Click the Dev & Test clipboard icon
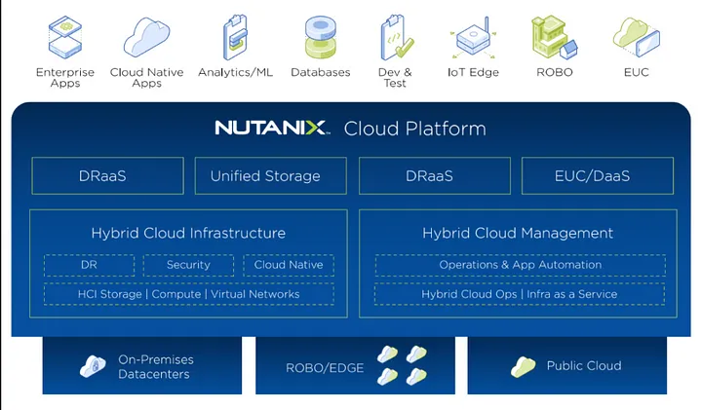[395, 37]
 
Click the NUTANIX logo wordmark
[272, 129]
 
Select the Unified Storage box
[265, 176]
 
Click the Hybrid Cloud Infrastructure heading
[188, 234]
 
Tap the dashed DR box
[88, 265]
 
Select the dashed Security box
[188, 265]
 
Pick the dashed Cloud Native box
[289, 265]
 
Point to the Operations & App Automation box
[520, 265]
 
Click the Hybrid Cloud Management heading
[518, 234]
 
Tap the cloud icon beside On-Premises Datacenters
[94, 367]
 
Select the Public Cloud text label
[584, 366]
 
